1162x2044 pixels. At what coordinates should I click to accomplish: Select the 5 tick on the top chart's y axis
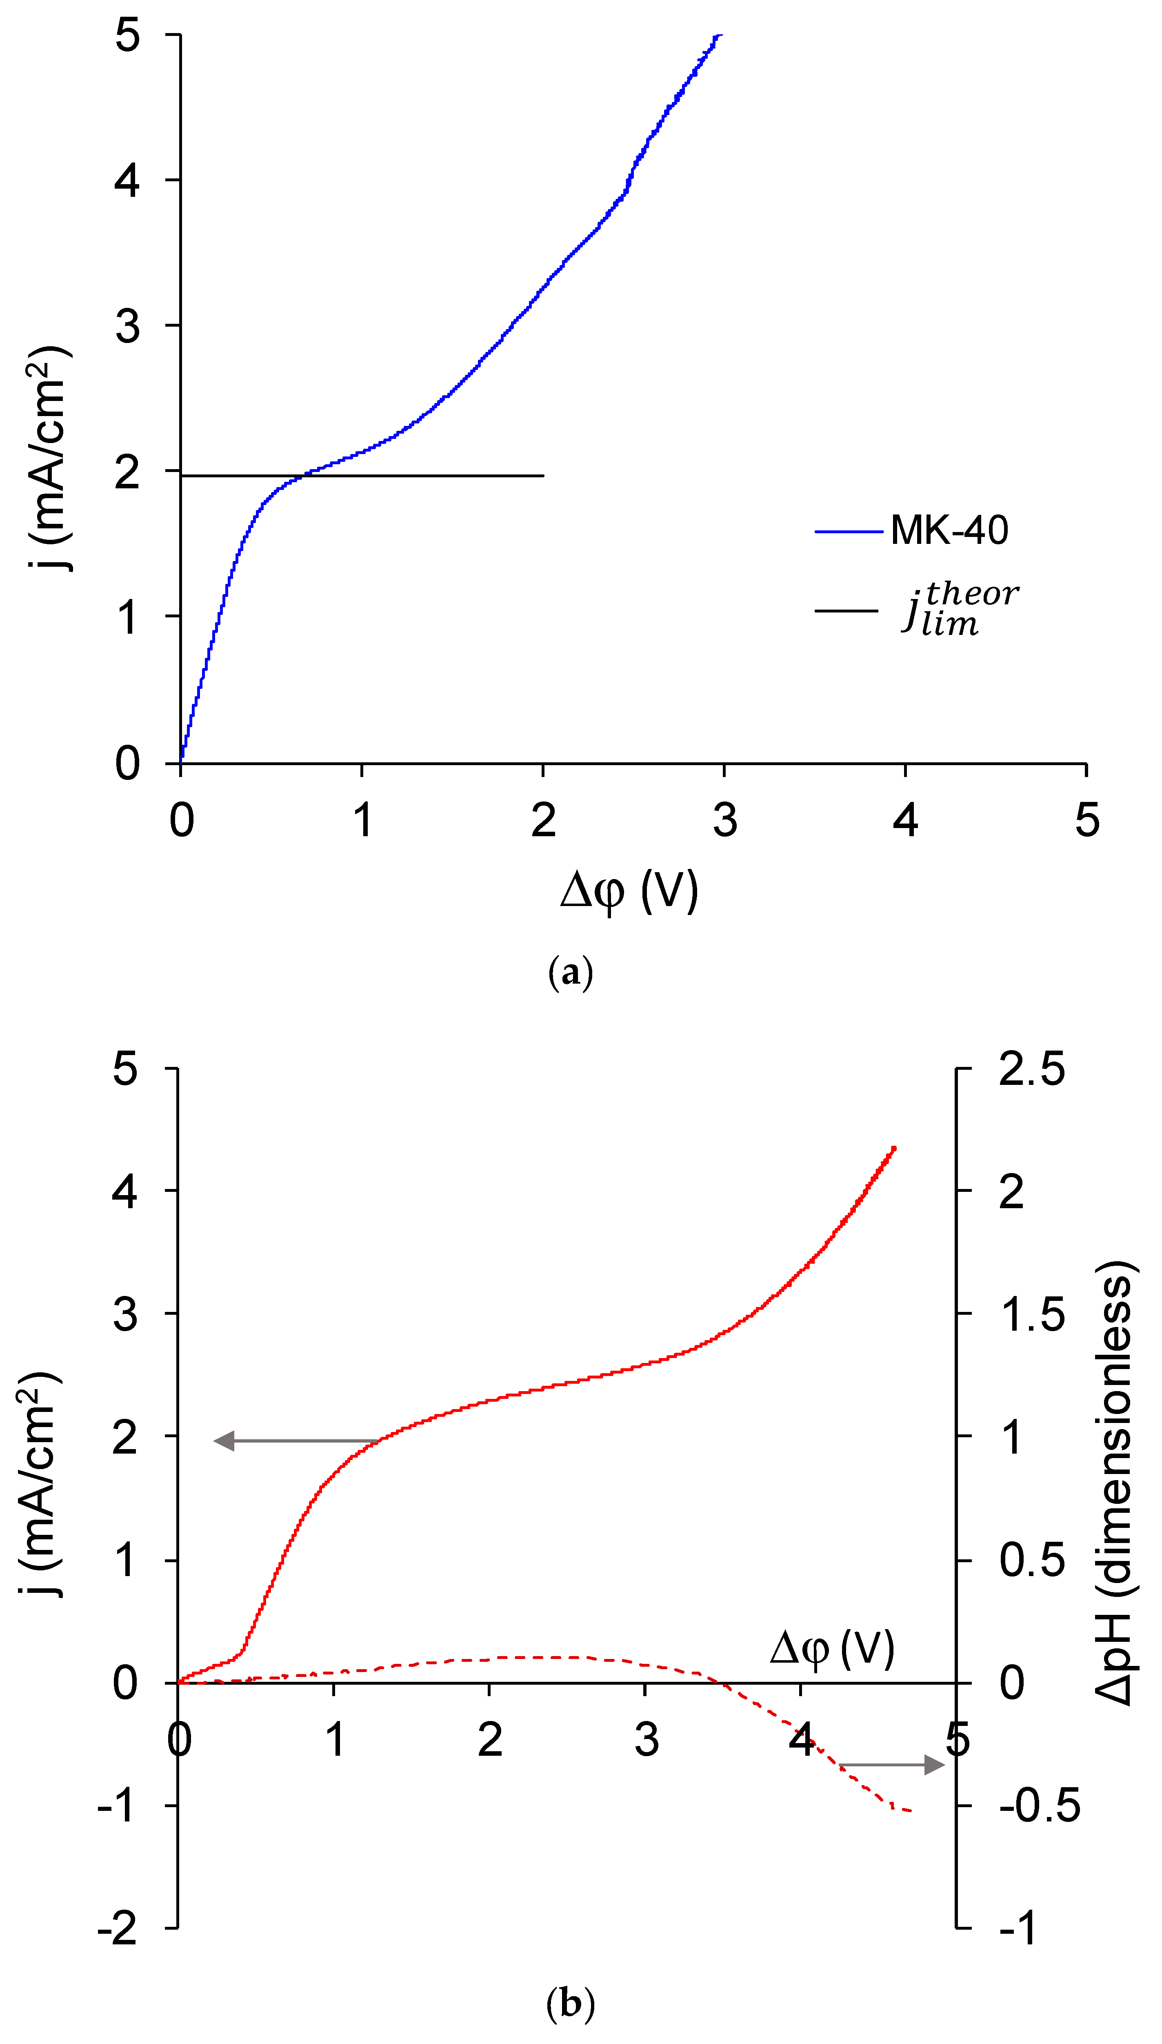[x=128, y=36]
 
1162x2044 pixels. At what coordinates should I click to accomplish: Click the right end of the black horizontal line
[x=543, y=476]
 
